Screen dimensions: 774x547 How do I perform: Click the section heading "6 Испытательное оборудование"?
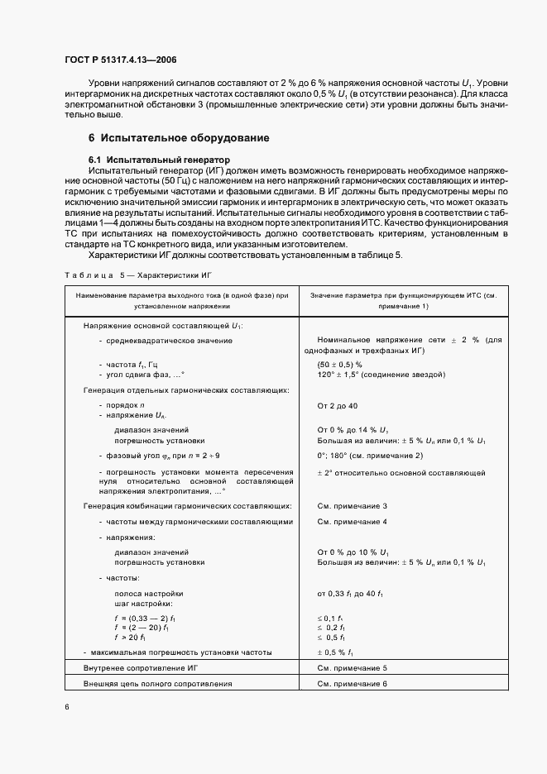pyautogui.click(x=179, y=137)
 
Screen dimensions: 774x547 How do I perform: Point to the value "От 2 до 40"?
pyautogui.click(x=338, y=405)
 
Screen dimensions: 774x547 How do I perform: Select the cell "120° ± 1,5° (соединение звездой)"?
pyautogui.click(x=381, y=375)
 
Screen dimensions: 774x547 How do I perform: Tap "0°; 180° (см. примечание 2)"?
pyautogui.click(x=370, y=456)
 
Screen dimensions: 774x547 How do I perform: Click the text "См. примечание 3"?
pyautogui.click(x=352, y=505)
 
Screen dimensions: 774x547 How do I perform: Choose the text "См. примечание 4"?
pyautogui.click(x=352, y=522)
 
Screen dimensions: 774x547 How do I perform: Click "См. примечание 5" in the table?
pyautogui.click(x=352, y=666)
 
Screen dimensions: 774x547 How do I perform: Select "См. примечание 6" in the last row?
pyautogui.click(x=352, y=684)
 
